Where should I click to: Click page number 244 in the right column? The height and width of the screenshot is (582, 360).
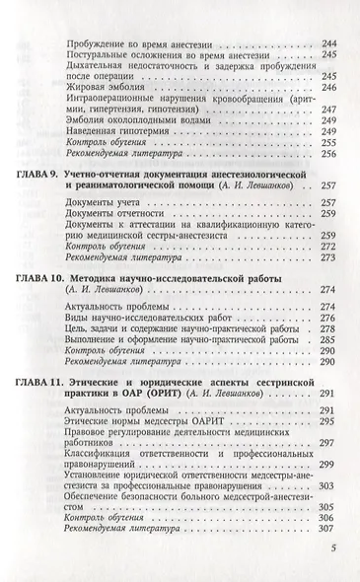click(x=329, y=46)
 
